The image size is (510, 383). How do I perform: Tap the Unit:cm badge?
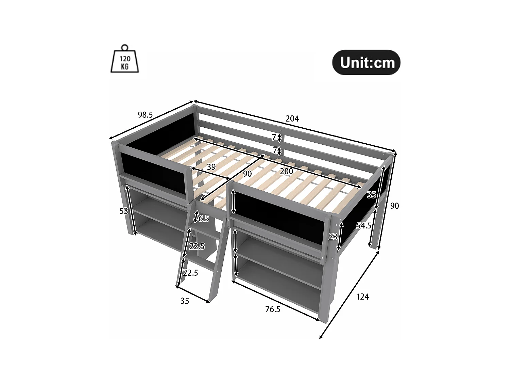click(366, 63)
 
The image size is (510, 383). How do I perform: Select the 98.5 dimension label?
click(145, 115)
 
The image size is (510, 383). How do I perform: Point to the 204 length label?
click(292, 118)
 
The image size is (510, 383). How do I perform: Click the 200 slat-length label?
click(286, 171)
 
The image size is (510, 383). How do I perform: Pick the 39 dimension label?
click(211, 167)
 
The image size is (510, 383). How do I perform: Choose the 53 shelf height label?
click(124, 211)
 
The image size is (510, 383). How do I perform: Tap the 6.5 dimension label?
click(204, 219)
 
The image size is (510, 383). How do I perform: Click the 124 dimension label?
click(362, 297)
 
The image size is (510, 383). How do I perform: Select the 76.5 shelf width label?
click(273, 309)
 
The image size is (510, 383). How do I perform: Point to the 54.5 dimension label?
click(363, 225)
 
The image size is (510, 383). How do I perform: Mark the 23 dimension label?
click(333, 237)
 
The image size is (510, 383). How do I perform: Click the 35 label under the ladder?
click(185, 301)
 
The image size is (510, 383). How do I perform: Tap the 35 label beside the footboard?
click(371, 195)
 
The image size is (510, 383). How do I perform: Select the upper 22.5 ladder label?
click(197, 246)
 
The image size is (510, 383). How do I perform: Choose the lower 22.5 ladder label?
click(190, 273)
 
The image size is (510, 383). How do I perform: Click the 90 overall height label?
click(394, 206)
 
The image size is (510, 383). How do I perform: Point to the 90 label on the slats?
click(247, 174)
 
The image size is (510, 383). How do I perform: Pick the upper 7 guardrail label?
click(274, 137)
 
